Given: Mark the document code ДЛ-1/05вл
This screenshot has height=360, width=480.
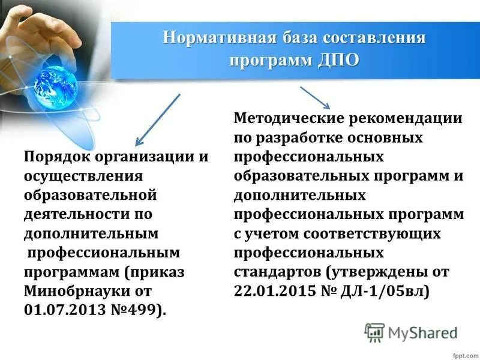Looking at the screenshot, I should [383, 290].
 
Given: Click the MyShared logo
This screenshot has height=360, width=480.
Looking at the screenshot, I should [411, 331].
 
